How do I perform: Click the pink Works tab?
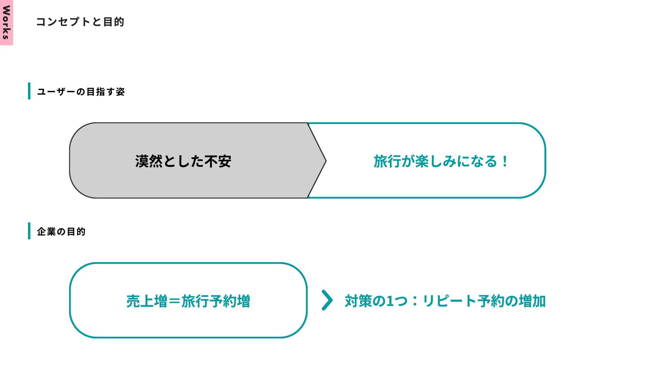(6, 22)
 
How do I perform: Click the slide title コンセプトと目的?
(80, 22)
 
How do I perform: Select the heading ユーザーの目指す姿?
(81, 92)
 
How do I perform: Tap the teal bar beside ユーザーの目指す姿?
(29, 91)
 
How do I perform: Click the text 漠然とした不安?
(183, 161)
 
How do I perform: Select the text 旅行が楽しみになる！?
(441, 161)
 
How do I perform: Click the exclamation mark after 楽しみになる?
(505, 161)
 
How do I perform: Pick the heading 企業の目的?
(61, 231)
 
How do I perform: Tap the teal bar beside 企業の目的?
(29, 231)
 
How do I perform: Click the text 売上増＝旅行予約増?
(188, 301)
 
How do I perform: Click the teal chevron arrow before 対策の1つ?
(327, 300)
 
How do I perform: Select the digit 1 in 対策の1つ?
(390, 301)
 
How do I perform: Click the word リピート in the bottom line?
(449, 301)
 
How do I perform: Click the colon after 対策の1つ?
(415, 301)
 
